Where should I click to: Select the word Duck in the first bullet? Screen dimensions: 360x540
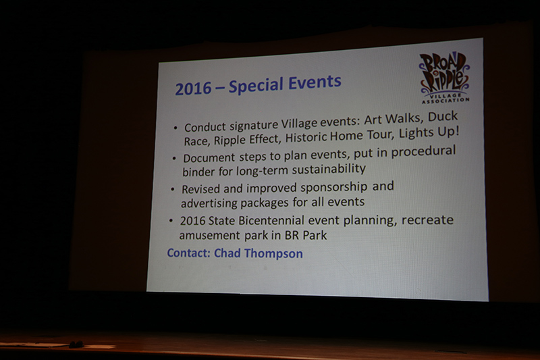[442, 118]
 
